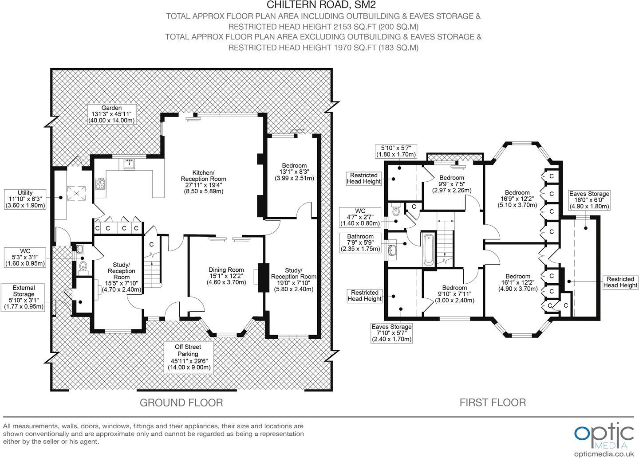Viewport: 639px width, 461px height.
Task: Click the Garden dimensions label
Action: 111,114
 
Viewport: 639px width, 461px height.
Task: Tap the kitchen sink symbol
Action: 129,164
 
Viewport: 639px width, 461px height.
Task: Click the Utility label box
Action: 25,199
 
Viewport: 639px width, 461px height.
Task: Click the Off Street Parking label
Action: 189,357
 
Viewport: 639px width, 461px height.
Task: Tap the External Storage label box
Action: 24,297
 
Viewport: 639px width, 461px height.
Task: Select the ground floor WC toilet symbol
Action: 83,266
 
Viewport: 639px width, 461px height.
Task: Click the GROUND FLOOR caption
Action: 181,402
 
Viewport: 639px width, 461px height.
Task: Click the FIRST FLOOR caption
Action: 493,402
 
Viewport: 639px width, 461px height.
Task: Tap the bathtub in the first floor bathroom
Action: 429,249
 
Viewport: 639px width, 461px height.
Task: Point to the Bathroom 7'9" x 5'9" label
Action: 360,243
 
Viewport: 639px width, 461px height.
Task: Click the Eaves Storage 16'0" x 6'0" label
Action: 589,200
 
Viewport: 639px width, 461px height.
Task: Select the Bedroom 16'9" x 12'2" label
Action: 517,199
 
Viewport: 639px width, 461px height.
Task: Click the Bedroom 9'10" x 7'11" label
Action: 454,294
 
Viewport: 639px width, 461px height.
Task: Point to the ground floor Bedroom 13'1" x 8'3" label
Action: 293,172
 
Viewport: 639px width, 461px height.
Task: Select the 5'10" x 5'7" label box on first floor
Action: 396,151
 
